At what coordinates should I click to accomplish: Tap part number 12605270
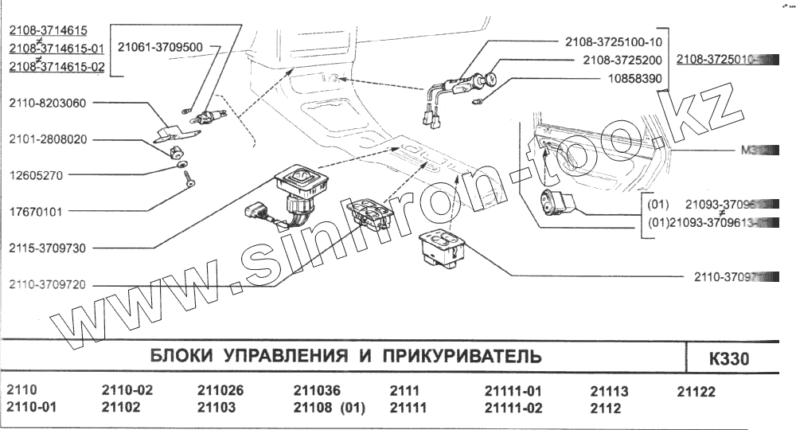pyautogui.click(x=36, y=175)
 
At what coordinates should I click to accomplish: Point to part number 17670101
pyautogui.click(x=36, y=212)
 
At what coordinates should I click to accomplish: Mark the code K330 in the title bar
pyautogui.click(x=729, y=359)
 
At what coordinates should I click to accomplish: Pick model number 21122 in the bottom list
pyautogui.click(x=696, y=391)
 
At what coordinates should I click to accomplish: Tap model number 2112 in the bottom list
pyautogui.click(x=605, y=408)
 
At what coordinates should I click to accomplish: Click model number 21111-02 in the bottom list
pyautogui.click(x=513, y=408)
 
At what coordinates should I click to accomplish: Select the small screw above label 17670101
pyautogui.click(x=189, y=182)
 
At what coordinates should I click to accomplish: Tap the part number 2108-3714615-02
pyautogui.click(x=57, y=67)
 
